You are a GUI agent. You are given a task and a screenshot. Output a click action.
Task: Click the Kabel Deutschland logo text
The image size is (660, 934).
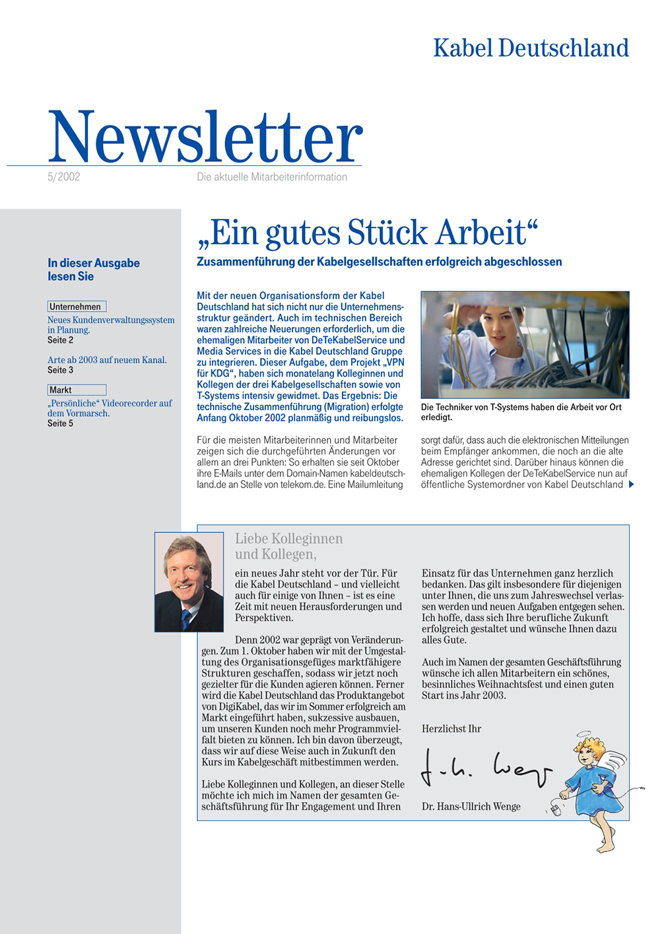531,48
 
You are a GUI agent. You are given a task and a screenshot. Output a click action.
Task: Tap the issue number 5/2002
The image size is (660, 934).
64,177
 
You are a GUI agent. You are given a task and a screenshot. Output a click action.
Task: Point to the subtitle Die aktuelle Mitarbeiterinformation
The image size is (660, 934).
272,177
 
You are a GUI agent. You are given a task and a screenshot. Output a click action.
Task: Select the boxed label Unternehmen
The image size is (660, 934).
76,306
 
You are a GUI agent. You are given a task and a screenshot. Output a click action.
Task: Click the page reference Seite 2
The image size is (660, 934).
60,340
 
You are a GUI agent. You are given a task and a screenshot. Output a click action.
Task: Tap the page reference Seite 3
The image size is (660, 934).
60,370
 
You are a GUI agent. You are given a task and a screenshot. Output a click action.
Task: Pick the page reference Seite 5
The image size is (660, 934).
60,423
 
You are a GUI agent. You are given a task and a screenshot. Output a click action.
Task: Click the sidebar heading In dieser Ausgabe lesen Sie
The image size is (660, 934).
93,269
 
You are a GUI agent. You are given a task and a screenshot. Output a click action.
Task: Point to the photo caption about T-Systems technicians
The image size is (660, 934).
521,412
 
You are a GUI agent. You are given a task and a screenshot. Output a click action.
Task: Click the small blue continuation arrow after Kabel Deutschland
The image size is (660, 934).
632,485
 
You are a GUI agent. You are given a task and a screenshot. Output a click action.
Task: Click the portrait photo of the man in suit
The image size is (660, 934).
189,581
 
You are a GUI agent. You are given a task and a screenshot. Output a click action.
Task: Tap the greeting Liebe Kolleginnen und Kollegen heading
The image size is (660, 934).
288,546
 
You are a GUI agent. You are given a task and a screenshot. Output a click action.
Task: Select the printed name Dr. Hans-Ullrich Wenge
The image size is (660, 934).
471,807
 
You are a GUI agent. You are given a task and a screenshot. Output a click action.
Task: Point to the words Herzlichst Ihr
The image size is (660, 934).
451,729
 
